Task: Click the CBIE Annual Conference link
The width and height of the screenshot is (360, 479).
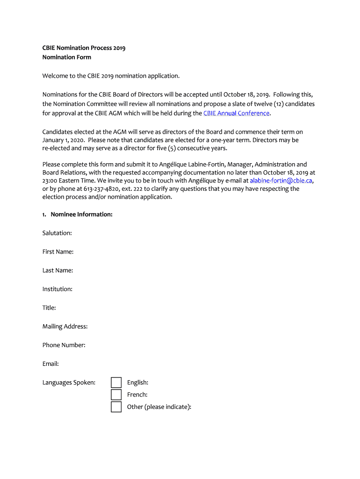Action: click(x=236, y=113)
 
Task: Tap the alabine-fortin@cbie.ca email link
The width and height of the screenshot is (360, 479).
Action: click(x=281, y=181)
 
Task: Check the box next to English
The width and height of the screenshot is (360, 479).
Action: click(x=116, y=383)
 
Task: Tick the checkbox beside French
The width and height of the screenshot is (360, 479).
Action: click(x=116, y=395)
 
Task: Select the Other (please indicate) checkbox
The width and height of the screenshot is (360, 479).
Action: click(x=116, y=407)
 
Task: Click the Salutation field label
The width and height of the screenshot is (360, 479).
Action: click(x=57, y=233)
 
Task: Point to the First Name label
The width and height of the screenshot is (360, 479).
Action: click(x=58, y=252)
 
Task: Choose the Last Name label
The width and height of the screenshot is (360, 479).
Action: click(x=58, y=270)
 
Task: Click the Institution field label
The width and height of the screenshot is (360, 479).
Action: click(x=58, y=289)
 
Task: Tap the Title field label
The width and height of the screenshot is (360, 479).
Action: click(x=49, y=308)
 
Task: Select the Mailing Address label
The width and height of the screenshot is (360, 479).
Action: click(x=65, y=327)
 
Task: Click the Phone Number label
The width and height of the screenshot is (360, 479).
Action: click(x=64, y=345)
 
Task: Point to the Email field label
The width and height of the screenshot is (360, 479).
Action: click(x=50, y=364)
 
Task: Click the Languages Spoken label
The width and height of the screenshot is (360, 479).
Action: click(x=69, y=383)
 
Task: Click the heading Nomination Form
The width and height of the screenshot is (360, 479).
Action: click(x=67, y=57)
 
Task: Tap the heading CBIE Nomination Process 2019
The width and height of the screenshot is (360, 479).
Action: click(x=84, y=48)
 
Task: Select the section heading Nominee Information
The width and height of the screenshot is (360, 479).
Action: click(x=81, y=214)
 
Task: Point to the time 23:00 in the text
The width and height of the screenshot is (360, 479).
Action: click(x=50, y=181)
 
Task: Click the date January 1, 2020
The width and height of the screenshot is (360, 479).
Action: click(x=63, y=140)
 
